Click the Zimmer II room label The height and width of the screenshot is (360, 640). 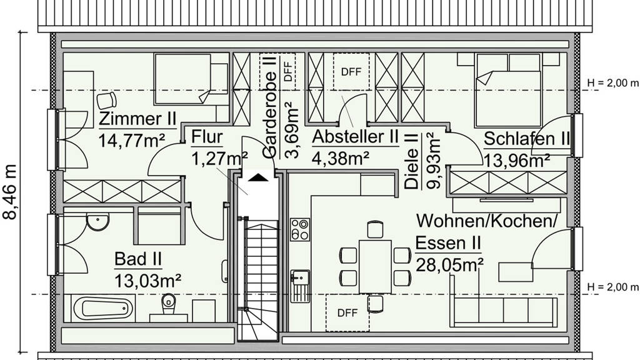pyautogui.click(x=137, y=119)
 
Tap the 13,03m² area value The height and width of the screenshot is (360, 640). pyautogui.click(x=147, y=281)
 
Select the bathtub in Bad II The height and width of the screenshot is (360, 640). pyautogui.click(x=104, y=308)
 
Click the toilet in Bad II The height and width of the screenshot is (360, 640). pyautogui.click(x=169, y=304)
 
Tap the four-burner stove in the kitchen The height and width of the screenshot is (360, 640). pyautogui.click(x=300, y=229)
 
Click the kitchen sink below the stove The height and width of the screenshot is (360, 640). pyautogui.click(x=300, y=286)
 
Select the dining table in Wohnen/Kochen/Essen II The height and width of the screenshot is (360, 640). pyautogui.click(x=375, y=266)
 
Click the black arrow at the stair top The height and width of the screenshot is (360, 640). pyautogui.click(x=258, y=177)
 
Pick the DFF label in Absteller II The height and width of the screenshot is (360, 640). pyautogui.click(x=351, y=72)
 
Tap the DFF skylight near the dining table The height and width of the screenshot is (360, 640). pyautogui.click(x=347, y=312)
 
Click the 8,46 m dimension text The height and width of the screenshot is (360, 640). pyautogui.click(x=10, y=192)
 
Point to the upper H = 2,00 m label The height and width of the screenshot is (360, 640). pyautogui.click(x=612, y=83)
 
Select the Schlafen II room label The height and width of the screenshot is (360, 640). pyautogui.click(x=526, y=139)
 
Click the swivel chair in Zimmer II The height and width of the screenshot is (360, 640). pyautogui.click(x=107, y=101)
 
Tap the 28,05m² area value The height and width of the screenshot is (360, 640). pyautogui.click(x=449, y=265)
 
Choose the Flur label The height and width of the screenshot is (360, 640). pyautogui.click(x=207, y=137)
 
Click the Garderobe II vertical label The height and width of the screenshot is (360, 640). pyautogui.click(x=270, y=107)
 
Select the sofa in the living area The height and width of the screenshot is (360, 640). pyautogui.click(x=503, y=301)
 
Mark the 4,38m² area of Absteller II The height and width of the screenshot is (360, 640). pyautogui.click(x=341, y=157)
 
